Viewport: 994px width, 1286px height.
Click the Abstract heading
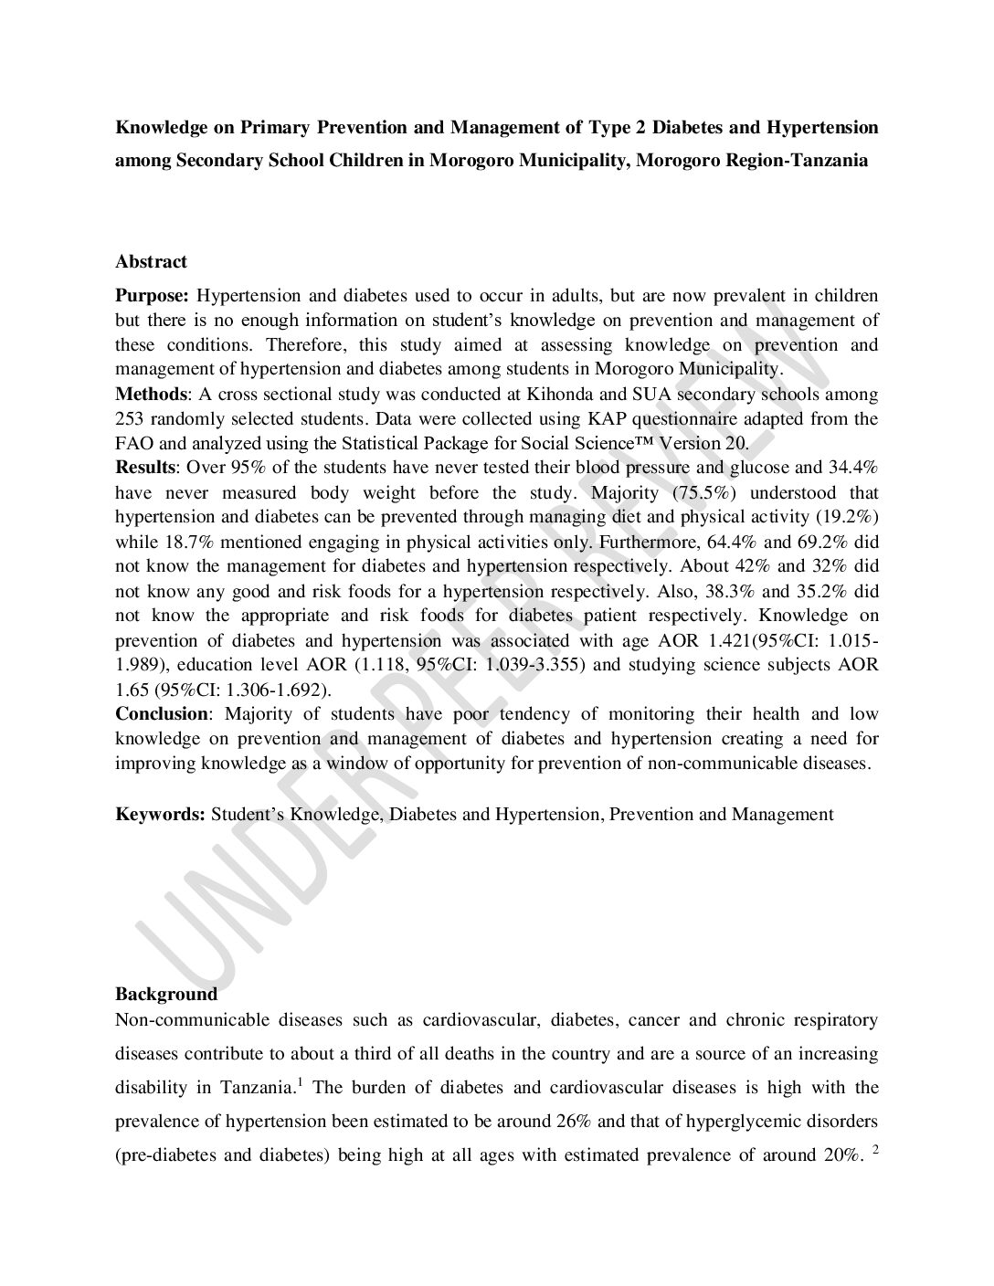(151, 261)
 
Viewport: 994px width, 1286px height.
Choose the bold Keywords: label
(160, 814)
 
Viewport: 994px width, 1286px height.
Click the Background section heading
(166, 994)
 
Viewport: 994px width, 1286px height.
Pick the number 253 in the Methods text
(130, 419)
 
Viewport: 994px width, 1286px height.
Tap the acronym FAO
(133, 444)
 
